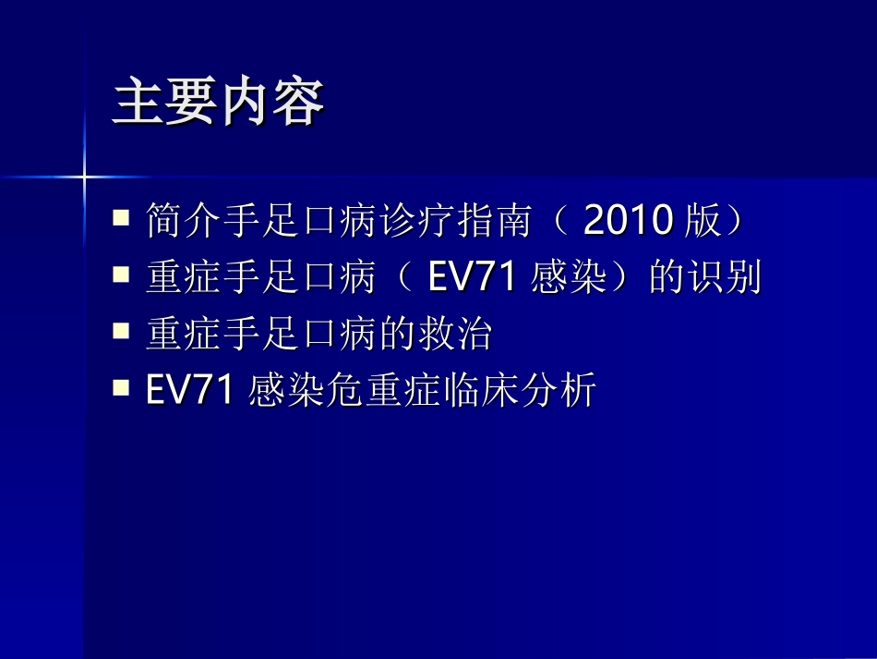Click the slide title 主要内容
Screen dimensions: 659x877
(x=218, y=104)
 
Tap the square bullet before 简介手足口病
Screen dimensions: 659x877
(x=121, y=219)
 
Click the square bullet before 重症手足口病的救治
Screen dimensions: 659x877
(x=121, y=332)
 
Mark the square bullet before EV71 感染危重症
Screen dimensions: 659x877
(x=121, y=388)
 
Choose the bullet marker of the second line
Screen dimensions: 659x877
(x=121, y=275)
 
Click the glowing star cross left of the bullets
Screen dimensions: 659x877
(x=83, y=175)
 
